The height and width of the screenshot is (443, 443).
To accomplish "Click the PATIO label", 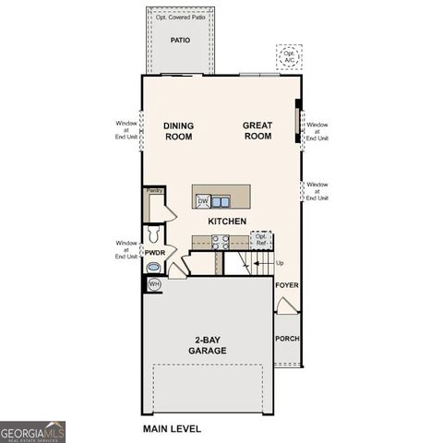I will coord(180,41).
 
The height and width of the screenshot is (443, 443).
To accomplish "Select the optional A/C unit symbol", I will coord(289,56).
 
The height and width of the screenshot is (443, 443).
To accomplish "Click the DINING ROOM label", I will coord(178,130).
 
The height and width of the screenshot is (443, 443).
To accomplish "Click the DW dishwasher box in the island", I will coord(203,200).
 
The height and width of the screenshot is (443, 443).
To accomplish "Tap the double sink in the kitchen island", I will coord(221,200).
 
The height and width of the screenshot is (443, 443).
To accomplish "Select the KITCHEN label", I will coord(226,221).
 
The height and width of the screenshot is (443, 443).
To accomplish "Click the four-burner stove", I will coord(221,242).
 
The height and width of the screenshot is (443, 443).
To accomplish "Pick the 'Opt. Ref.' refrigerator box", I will coord(261,240).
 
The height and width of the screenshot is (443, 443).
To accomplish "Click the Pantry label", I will coord(154,191).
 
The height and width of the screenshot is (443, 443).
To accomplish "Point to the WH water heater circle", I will coord(154,284).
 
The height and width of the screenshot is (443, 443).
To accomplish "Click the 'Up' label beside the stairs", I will coord(280,264).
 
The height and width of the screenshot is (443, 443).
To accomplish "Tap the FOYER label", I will coord(287,286).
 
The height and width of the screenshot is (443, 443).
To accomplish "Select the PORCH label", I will coord(287,339).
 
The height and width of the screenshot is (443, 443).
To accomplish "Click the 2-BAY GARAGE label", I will coord(208,345).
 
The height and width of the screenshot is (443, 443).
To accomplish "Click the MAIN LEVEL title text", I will coord(171,429).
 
